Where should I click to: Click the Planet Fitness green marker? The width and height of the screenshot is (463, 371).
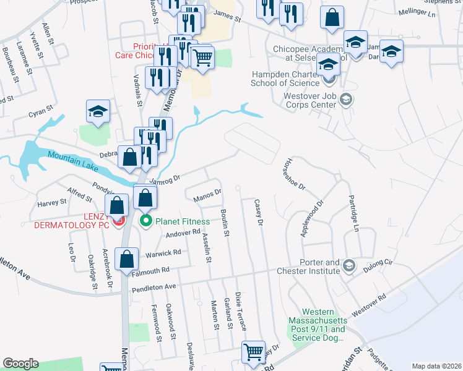click(x=147, y=220)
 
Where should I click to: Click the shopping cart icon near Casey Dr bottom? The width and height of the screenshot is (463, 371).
click(x=254, y=352)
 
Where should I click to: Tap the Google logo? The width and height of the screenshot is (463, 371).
click(x=20, y=364)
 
